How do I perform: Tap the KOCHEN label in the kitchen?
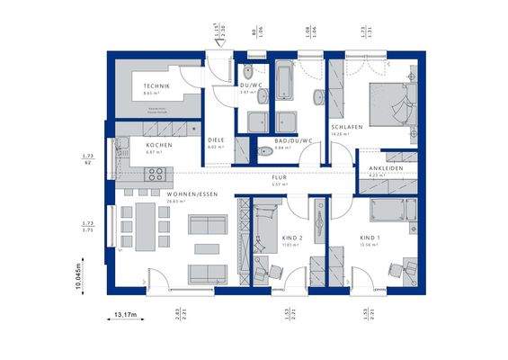159,145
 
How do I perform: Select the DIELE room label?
216,140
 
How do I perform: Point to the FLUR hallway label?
280,177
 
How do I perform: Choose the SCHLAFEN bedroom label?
346,127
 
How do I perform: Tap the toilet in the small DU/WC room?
247,71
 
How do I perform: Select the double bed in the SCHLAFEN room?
392,103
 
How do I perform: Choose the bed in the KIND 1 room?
392,212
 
